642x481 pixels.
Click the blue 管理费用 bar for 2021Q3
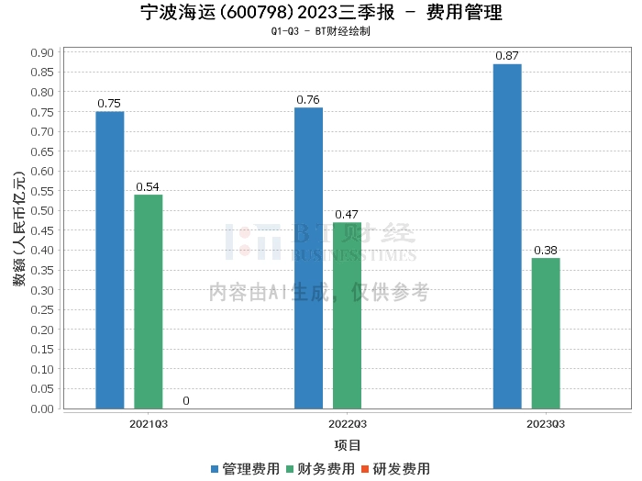tap(110, 260)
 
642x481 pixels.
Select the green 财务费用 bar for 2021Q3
tap(148, 301)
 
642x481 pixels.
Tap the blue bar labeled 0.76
tap(308, 258)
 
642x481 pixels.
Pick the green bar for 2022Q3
tap(347, 315)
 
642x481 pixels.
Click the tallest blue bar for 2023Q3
tap(507, 236)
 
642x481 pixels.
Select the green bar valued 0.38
tap(545, 332)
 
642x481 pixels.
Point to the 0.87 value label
tap(507, 56)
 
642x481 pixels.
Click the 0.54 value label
tap(148, 186)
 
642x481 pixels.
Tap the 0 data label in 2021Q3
tap(186, 400)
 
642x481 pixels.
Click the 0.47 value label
tap(347, 215)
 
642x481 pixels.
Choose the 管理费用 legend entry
tap(245, 468)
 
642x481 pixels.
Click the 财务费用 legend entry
tap(320, 468)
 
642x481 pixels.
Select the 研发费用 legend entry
tap(395, 468)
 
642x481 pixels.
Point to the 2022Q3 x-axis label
tap(348, 424)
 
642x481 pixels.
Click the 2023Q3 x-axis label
tap(546, 424)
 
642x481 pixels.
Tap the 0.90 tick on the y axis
tap(41, 52)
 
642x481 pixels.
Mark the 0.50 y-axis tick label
tap(41, 211)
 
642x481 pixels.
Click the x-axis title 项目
tap(348, 445)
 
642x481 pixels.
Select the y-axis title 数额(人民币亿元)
tap(19, 229)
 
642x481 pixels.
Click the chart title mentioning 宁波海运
tap(321, 13)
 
